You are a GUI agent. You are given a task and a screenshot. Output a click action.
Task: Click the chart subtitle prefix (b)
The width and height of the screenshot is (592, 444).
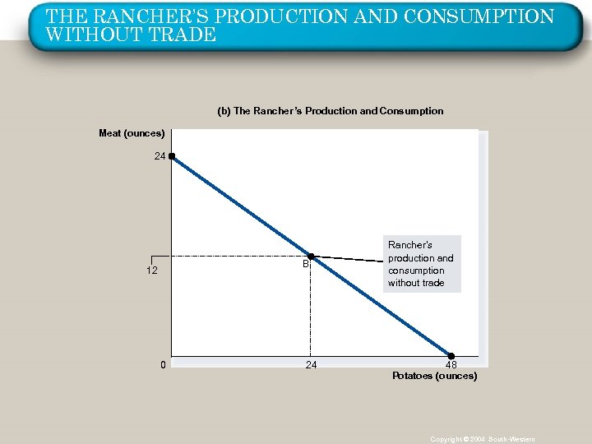pyautogui.click(x=224, y=111)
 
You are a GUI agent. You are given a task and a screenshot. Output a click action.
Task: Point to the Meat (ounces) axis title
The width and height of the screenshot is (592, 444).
pyautogui.click(x=132, y=133)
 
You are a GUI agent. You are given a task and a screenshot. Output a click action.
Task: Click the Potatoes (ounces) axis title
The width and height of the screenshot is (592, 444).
pyautogui.click(x=434, y=376)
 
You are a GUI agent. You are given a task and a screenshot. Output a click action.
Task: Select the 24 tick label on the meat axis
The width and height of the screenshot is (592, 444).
pyautogui.click(x=160, y=155)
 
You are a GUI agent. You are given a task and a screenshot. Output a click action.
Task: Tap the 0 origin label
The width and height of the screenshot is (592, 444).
pyautogui.click(x=164, y=364)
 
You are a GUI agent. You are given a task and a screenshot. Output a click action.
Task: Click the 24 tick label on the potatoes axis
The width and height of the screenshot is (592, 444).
pyautogui.click(x=311, y=364)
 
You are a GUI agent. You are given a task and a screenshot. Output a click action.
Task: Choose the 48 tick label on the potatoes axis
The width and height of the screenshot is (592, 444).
pyautogui.click(x=451, y=365)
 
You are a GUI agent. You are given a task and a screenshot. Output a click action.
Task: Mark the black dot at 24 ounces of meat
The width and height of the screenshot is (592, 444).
pyautogui.click(x=172, y=155)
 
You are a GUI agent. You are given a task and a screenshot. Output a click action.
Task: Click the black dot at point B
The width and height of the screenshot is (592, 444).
pyautogui.click(x=311, y=257)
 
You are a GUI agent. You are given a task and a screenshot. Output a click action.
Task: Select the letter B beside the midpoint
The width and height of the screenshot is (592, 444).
pyautogui.click(x=304, y=265)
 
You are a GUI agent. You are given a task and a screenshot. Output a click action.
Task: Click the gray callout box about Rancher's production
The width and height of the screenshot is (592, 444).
pyautogui.click(x=421, y=264)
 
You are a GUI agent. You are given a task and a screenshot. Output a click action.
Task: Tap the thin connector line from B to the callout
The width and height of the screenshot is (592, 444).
pyautogui.click(x=349, y=259)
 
